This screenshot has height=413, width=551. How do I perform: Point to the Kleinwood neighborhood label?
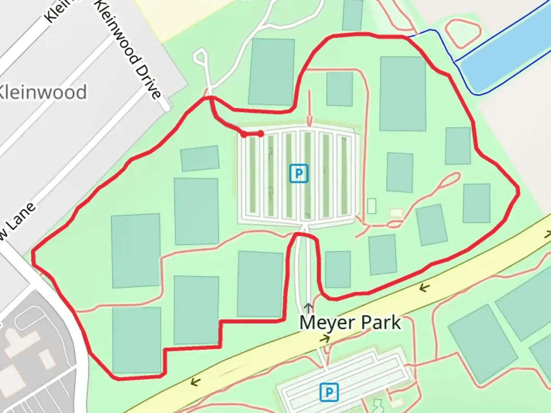[42, 93]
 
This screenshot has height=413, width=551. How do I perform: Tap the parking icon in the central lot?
[298, 174]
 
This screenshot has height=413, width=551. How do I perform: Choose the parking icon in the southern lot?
[329, 392]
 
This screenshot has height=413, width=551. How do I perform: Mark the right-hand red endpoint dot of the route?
[261, 133]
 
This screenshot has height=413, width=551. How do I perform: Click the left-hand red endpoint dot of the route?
[244, 134]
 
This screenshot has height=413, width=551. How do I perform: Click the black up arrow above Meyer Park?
[308, 307]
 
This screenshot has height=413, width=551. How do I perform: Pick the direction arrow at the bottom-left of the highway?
[195, 381]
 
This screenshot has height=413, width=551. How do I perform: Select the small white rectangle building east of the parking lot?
[371, 206]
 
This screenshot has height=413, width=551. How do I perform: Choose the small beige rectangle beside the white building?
[396, 213]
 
